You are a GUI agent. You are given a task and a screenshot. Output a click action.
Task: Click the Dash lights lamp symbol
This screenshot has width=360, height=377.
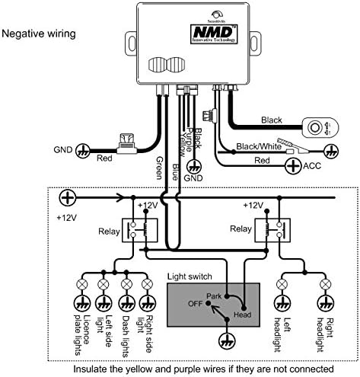126,284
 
